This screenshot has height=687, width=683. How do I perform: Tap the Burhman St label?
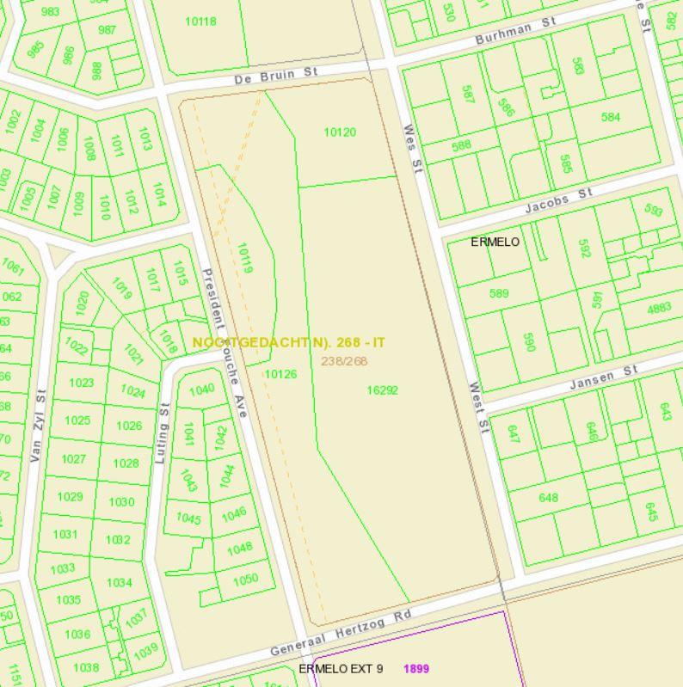[x=515, y=34]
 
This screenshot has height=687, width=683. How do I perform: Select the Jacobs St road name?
[x=559, y=204]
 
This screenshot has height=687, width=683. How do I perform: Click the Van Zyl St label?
[x=38, y=425]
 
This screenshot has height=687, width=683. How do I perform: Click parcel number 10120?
[x=340, y=132]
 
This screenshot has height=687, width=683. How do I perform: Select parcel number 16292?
[x=382, y=390]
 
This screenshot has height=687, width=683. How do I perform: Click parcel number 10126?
[x=280, y=374]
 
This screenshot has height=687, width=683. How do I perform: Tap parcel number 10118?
[x=200, y=21]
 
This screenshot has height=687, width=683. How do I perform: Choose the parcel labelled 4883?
[x=660, y=308]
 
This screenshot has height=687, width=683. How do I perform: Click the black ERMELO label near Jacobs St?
[x=495, y=242]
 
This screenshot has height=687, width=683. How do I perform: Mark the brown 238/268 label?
[x=344, y=361]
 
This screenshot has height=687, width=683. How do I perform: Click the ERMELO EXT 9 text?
[x=341, y=668]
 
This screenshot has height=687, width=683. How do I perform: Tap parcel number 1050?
[x=246, y=579]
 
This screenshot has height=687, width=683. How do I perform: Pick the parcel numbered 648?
[x=548, y=498]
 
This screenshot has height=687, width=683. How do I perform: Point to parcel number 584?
[x=610, y=117]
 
